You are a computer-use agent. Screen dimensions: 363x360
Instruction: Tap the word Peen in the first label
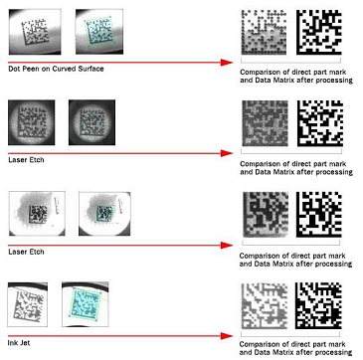(x=30, y=69)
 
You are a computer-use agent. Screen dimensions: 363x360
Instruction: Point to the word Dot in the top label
(x=14, y=69)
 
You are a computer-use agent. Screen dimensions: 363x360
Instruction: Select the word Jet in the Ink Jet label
(x=25, y=343)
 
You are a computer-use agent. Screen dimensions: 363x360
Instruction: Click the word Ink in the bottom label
(x=13, y=343)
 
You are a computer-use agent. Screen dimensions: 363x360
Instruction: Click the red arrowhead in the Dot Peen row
(x=227, y=63)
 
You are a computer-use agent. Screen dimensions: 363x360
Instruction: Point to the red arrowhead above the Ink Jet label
(x=227, y=336)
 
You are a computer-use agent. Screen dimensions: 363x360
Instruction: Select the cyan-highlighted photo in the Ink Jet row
(x=86, y=304)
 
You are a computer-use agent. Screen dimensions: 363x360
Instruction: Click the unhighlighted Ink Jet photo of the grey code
(x=28, y=304)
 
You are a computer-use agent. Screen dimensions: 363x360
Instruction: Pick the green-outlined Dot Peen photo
(x=99, y=32)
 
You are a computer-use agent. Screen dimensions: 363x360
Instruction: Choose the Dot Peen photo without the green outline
(x=35, y=32)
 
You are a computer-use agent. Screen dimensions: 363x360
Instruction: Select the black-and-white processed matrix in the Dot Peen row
(x=319, y=32)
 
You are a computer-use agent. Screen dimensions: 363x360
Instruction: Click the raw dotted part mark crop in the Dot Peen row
(x=264, y=32)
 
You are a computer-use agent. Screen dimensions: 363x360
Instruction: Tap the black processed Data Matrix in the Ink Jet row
(x=319, y=305)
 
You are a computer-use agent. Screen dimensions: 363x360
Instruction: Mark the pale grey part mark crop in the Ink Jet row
(x=265, y=305)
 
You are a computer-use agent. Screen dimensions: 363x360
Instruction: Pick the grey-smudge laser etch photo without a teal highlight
(x=37, y=214)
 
